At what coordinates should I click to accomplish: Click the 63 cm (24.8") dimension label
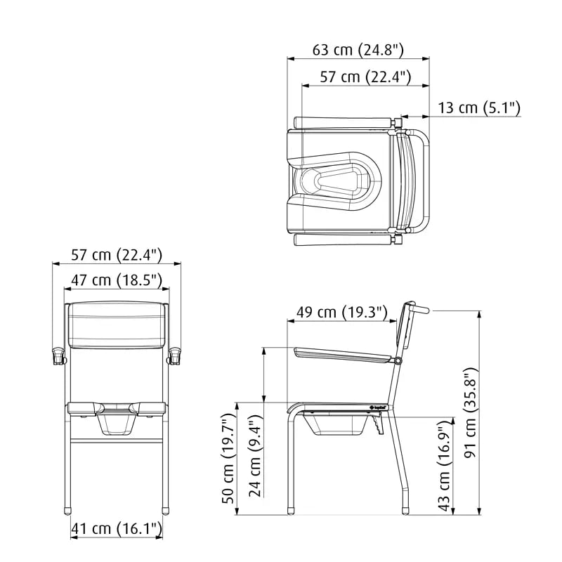(358, 50)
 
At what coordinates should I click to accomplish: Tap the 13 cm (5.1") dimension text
(479, 107)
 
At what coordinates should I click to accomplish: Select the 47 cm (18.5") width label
(117, 280)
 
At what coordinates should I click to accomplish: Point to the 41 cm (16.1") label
(117, 528)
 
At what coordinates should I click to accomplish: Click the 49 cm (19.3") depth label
(342, 313)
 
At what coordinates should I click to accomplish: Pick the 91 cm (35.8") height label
(470, 412)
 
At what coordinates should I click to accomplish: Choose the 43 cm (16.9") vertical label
(445, 466)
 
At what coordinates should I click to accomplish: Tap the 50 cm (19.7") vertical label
(229, 459)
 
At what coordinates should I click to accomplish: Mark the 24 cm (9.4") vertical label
(256, 456)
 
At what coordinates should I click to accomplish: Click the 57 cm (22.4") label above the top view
(365, 77)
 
